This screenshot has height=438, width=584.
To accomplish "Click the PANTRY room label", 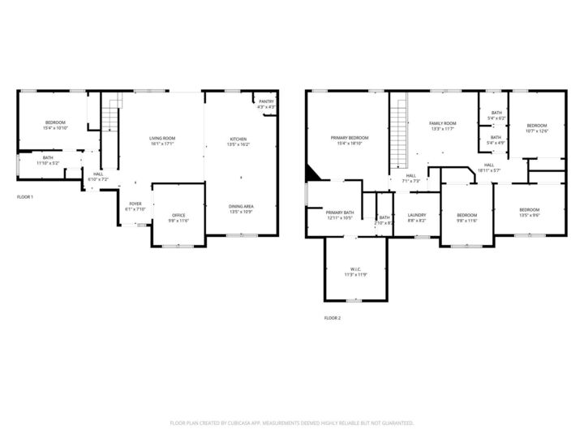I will pos(265,102).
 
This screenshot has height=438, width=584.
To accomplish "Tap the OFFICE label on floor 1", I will pos(178,215).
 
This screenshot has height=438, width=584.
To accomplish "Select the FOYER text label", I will pos(135,204).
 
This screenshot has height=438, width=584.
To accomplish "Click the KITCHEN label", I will pos(238,139).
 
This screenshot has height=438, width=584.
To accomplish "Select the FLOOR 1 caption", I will pos(25,197).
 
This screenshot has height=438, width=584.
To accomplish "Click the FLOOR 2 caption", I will pos(332,318).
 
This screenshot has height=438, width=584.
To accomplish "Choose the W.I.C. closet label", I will pos(355,268).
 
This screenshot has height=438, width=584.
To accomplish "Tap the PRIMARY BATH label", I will pos(340,213).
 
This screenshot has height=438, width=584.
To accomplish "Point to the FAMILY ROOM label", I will pos(442,123).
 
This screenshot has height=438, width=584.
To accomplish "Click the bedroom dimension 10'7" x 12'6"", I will pos(537,131).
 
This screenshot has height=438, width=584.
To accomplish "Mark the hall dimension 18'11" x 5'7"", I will pos(489,170).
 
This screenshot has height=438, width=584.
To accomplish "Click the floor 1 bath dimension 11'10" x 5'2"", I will pos(48,164).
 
